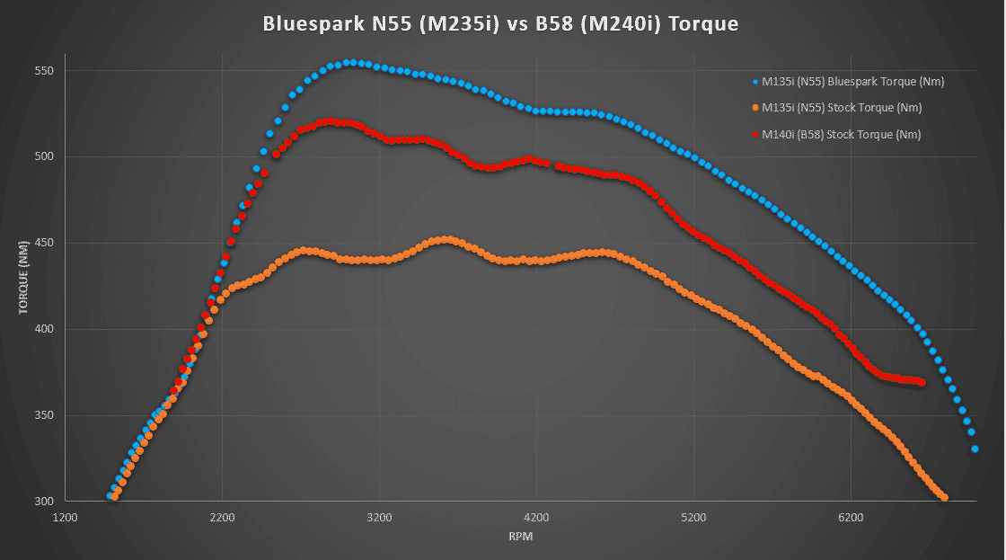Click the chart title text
click(x=500, y=24)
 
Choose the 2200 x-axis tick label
click(x=222, y=519)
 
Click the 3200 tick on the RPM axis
click(x=379, y=519)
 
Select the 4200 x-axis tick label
click(x=536, y=519)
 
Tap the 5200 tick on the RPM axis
click(x=693, y=519)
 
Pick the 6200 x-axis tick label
click(x=851, y=519)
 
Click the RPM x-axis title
click(x=520, y=537)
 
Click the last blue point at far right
click(x=975, y=449)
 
